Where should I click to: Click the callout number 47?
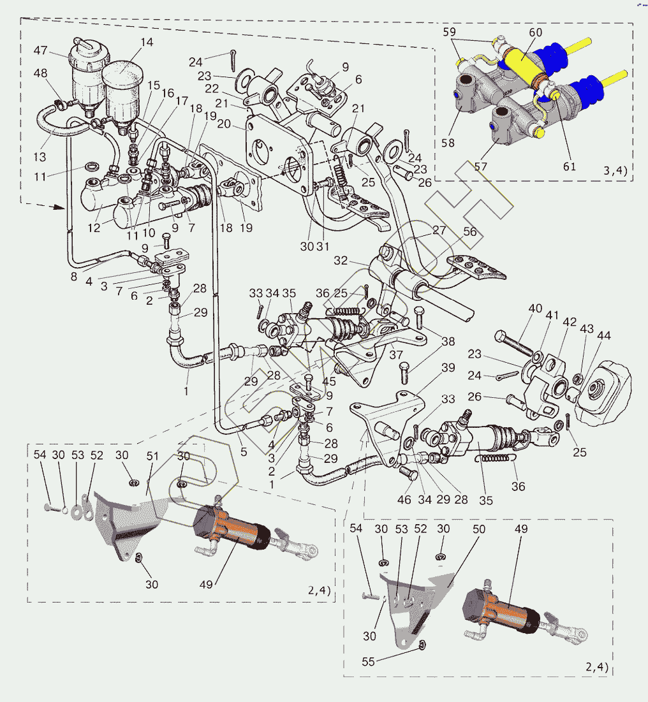40,50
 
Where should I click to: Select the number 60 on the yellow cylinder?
535,32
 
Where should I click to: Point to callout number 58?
448,143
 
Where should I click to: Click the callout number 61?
570,166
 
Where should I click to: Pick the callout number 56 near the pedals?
470,232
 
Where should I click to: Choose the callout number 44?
603,335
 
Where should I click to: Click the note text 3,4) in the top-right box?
615,170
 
